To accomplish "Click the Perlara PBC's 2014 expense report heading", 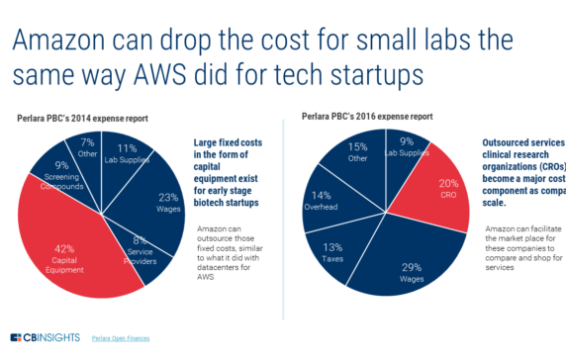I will point(83,118).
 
